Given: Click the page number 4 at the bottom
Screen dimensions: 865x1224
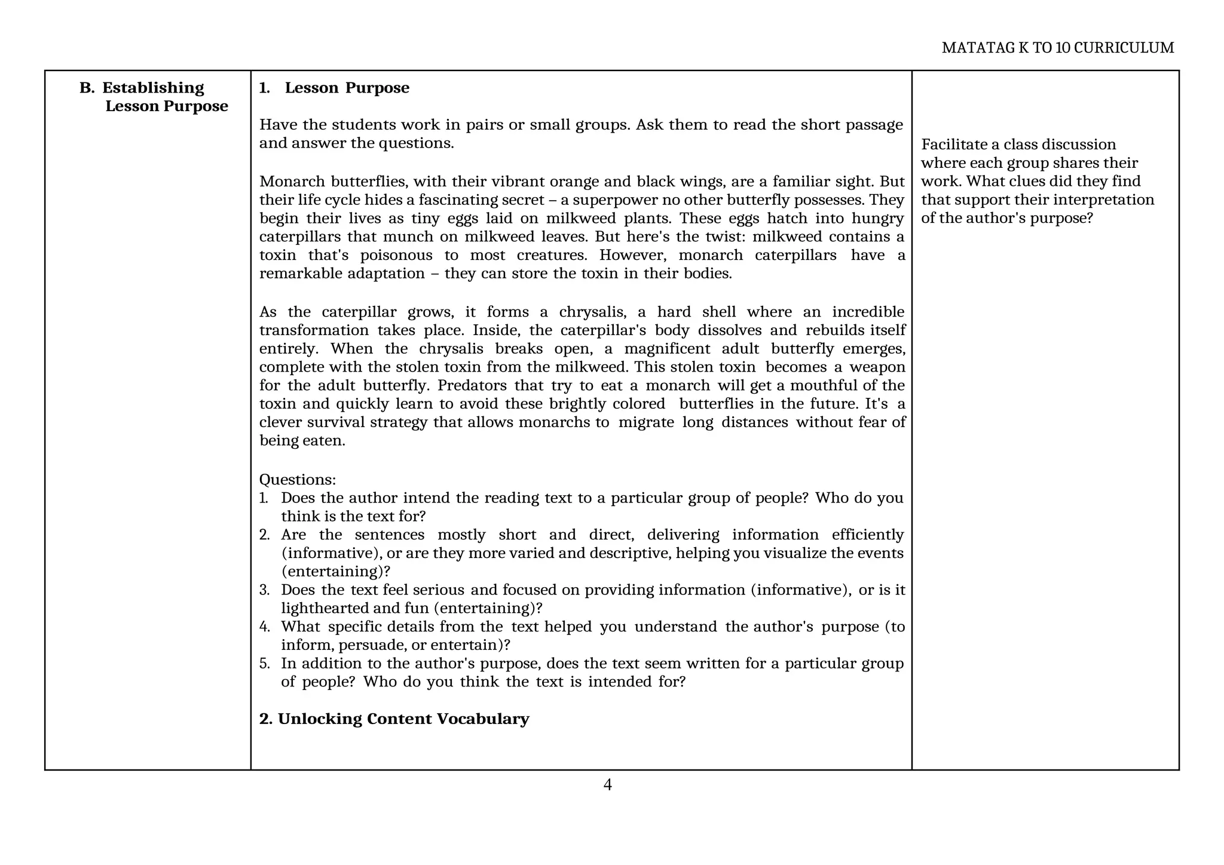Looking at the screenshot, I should click(x=607, y=785).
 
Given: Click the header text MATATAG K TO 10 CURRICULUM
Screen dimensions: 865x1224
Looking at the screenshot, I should click(x=1057, y=48).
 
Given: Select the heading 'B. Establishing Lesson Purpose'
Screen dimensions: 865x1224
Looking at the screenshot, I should click(x=154, y=97).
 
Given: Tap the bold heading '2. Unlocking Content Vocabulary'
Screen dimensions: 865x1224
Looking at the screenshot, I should click(x=394, y=719).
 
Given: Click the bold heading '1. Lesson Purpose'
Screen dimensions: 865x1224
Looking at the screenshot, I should click(x=334, y=88).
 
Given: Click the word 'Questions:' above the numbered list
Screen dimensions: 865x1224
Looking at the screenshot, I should click(x=297, y=480).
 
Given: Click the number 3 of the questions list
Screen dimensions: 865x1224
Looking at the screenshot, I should click(x=264, y=590).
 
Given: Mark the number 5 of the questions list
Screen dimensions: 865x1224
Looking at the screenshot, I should click(x=264, y=664).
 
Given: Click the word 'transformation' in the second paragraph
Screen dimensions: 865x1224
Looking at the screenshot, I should click(x=314, y=330).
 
